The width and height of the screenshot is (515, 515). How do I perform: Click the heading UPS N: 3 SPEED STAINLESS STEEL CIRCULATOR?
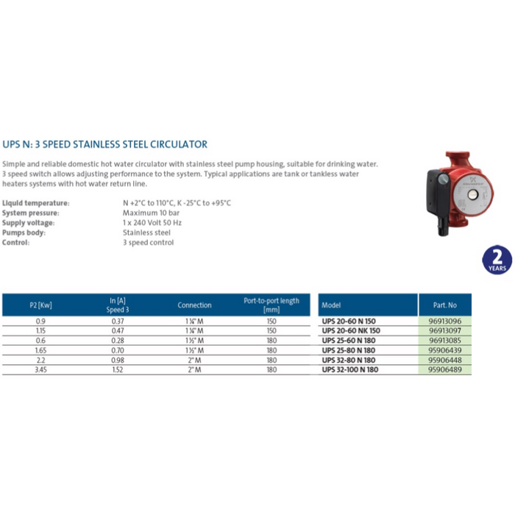click(105, 144)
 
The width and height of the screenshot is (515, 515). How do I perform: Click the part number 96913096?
click(444, 322)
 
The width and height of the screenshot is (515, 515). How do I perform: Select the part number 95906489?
click(444, 369)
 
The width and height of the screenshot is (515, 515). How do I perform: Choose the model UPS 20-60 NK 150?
click(352, 331)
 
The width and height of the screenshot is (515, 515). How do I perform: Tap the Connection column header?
click(194, 305)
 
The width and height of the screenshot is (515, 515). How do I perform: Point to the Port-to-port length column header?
click(271, 305)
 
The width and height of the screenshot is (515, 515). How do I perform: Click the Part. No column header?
click(444, 305)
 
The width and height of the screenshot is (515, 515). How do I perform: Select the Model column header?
click(332, 305)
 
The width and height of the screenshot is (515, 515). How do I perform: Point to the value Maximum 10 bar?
click(149, 213)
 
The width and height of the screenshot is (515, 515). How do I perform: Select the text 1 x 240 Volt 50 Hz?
click(152, 222)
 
